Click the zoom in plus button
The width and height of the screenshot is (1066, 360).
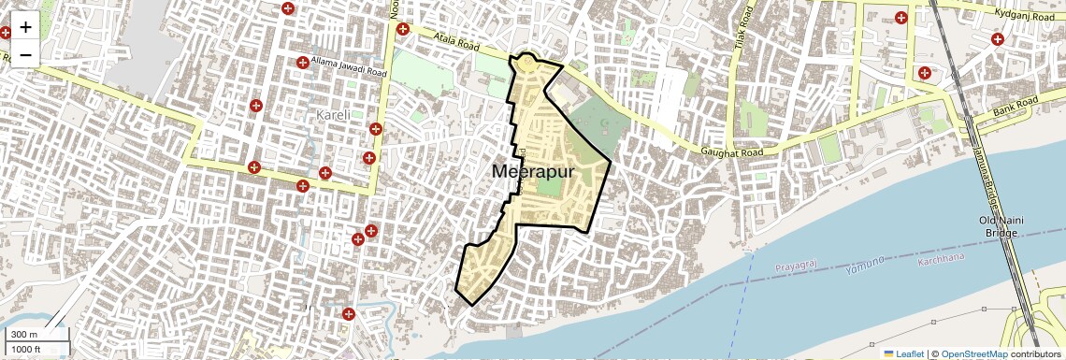(25, 27)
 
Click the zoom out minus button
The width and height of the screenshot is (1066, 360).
(25, 54)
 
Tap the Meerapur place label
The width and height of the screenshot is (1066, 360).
(534, 172)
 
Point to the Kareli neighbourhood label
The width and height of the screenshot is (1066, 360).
(333, 115)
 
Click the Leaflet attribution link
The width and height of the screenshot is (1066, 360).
(903, 353)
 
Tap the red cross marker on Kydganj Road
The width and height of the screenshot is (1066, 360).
(998, 39)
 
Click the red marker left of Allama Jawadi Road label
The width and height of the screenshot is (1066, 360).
(303, 63)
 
